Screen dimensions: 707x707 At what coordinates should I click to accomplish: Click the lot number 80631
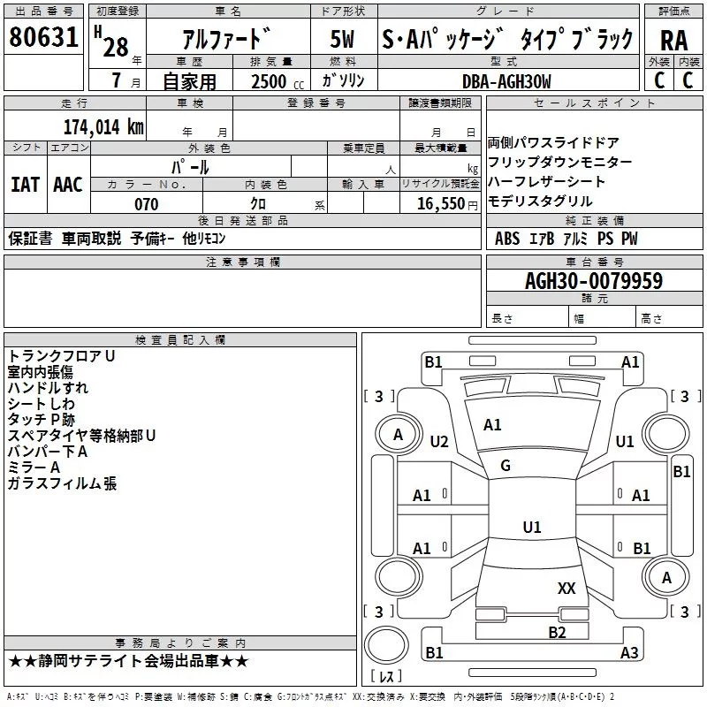[x=43, y=39]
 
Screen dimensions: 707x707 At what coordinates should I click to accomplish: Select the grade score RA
[x=673, y=40]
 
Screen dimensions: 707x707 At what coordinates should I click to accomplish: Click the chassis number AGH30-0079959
[x=593, y=282]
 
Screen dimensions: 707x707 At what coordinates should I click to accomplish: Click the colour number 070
[x=146, y=204]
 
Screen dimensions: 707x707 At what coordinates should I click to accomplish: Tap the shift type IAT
[x=25, y=185]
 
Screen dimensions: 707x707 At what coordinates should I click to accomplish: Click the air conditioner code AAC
[x=67, y=185]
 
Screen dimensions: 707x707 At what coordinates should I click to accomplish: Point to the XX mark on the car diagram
[x=566, y=588]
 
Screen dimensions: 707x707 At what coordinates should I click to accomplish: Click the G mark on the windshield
[x=506, y=466]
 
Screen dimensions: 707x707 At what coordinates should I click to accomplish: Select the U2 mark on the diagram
[x=439, y=441]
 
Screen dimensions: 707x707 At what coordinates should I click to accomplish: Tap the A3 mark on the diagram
[x=629, y=653]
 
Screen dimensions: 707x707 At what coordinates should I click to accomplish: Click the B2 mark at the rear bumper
[x=557, y=632]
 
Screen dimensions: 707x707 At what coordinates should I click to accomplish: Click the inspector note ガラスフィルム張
[x=62, y=483]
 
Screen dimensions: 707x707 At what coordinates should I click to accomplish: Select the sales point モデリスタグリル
[x=540, y=201]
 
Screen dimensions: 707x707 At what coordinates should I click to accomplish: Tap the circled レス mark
[x=386, y=677]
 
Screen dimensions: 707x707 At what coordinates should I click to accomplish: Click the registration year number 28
[x=116, y=47]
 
